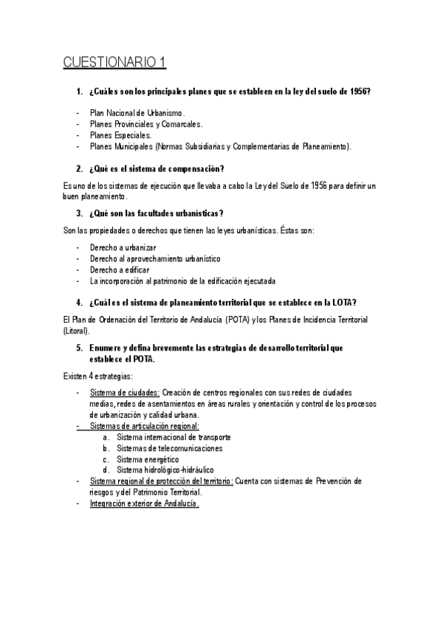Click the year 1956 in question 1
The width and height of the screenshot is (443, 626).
coord(358,92)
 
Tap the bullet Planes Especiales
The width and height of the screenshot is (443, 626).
coord(120,135)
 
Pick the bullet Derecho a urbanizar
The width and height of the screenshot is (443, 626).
coord(122,247)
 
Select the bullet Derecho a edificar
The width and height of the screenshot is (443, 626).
coord(120,269)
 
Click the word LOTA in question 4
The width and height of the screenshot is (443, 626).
coord(346,303)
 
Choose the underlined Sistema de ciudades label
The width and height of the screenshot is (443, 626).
coord(124,393)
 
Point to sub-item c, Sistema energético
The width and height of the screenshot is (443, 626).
coord(148,459)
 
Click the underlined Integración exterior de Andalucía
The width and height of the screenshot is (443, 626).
coord(144,503)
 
